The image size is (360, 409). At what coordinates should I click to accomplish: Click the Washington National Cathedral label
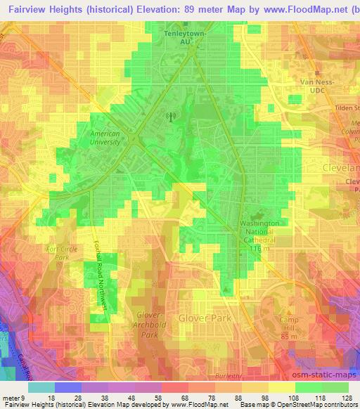[259, 231]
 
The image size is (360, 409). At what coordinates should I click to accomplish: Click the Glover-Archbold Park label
[148, 325]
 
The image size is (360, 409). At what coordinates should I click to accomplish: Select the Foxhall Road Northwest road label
[99, 274]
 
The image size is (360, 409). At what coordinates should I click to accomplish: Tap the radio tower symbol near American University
[168, 117]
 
